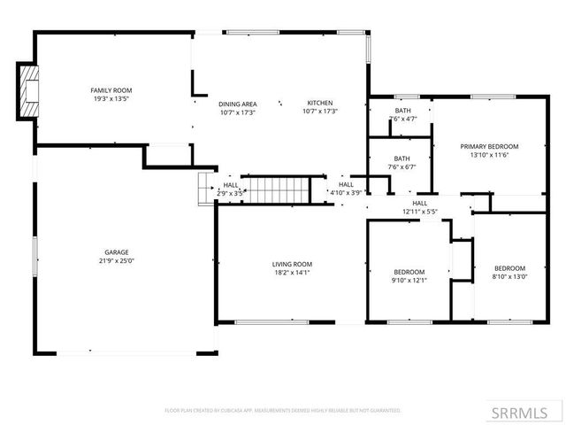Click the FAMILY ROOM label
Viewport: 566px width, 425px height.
111,90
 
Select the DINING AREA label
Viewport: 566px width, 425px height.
237,104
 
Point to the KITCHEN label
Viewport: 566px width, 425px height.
320,104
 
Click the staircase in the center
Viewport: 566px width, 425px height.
277,189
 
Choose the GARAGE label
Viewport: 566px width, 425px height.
117,253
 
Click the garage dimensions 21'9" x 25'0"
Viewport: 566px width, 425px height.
117,262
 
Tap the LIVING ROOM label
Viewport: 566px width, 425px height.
292,264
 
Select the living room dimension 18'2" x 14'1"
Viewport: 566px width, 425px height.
292,273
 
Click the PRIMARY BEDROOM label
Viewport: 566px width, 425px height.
489,146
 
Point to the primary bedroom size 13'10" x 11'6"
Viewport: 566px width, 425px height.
489,155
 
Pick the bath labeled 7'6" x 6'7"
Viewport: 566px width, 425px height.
402,162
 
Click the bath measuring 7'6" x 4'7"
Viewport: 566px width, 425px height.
402,114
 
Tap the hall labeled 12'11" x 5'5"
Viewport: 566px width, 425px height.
420,207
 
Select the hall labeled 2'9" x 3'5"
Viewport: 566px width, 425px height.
231,188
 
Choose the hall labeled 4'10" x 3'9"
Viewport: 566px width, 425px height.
346,188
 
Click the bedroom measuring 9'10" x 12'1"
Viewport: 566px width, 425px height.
409,275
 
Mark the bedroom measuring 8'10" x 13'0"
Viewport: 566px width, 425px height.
509,273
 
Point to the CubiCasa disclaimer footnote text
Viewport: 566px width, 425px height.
283,411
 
